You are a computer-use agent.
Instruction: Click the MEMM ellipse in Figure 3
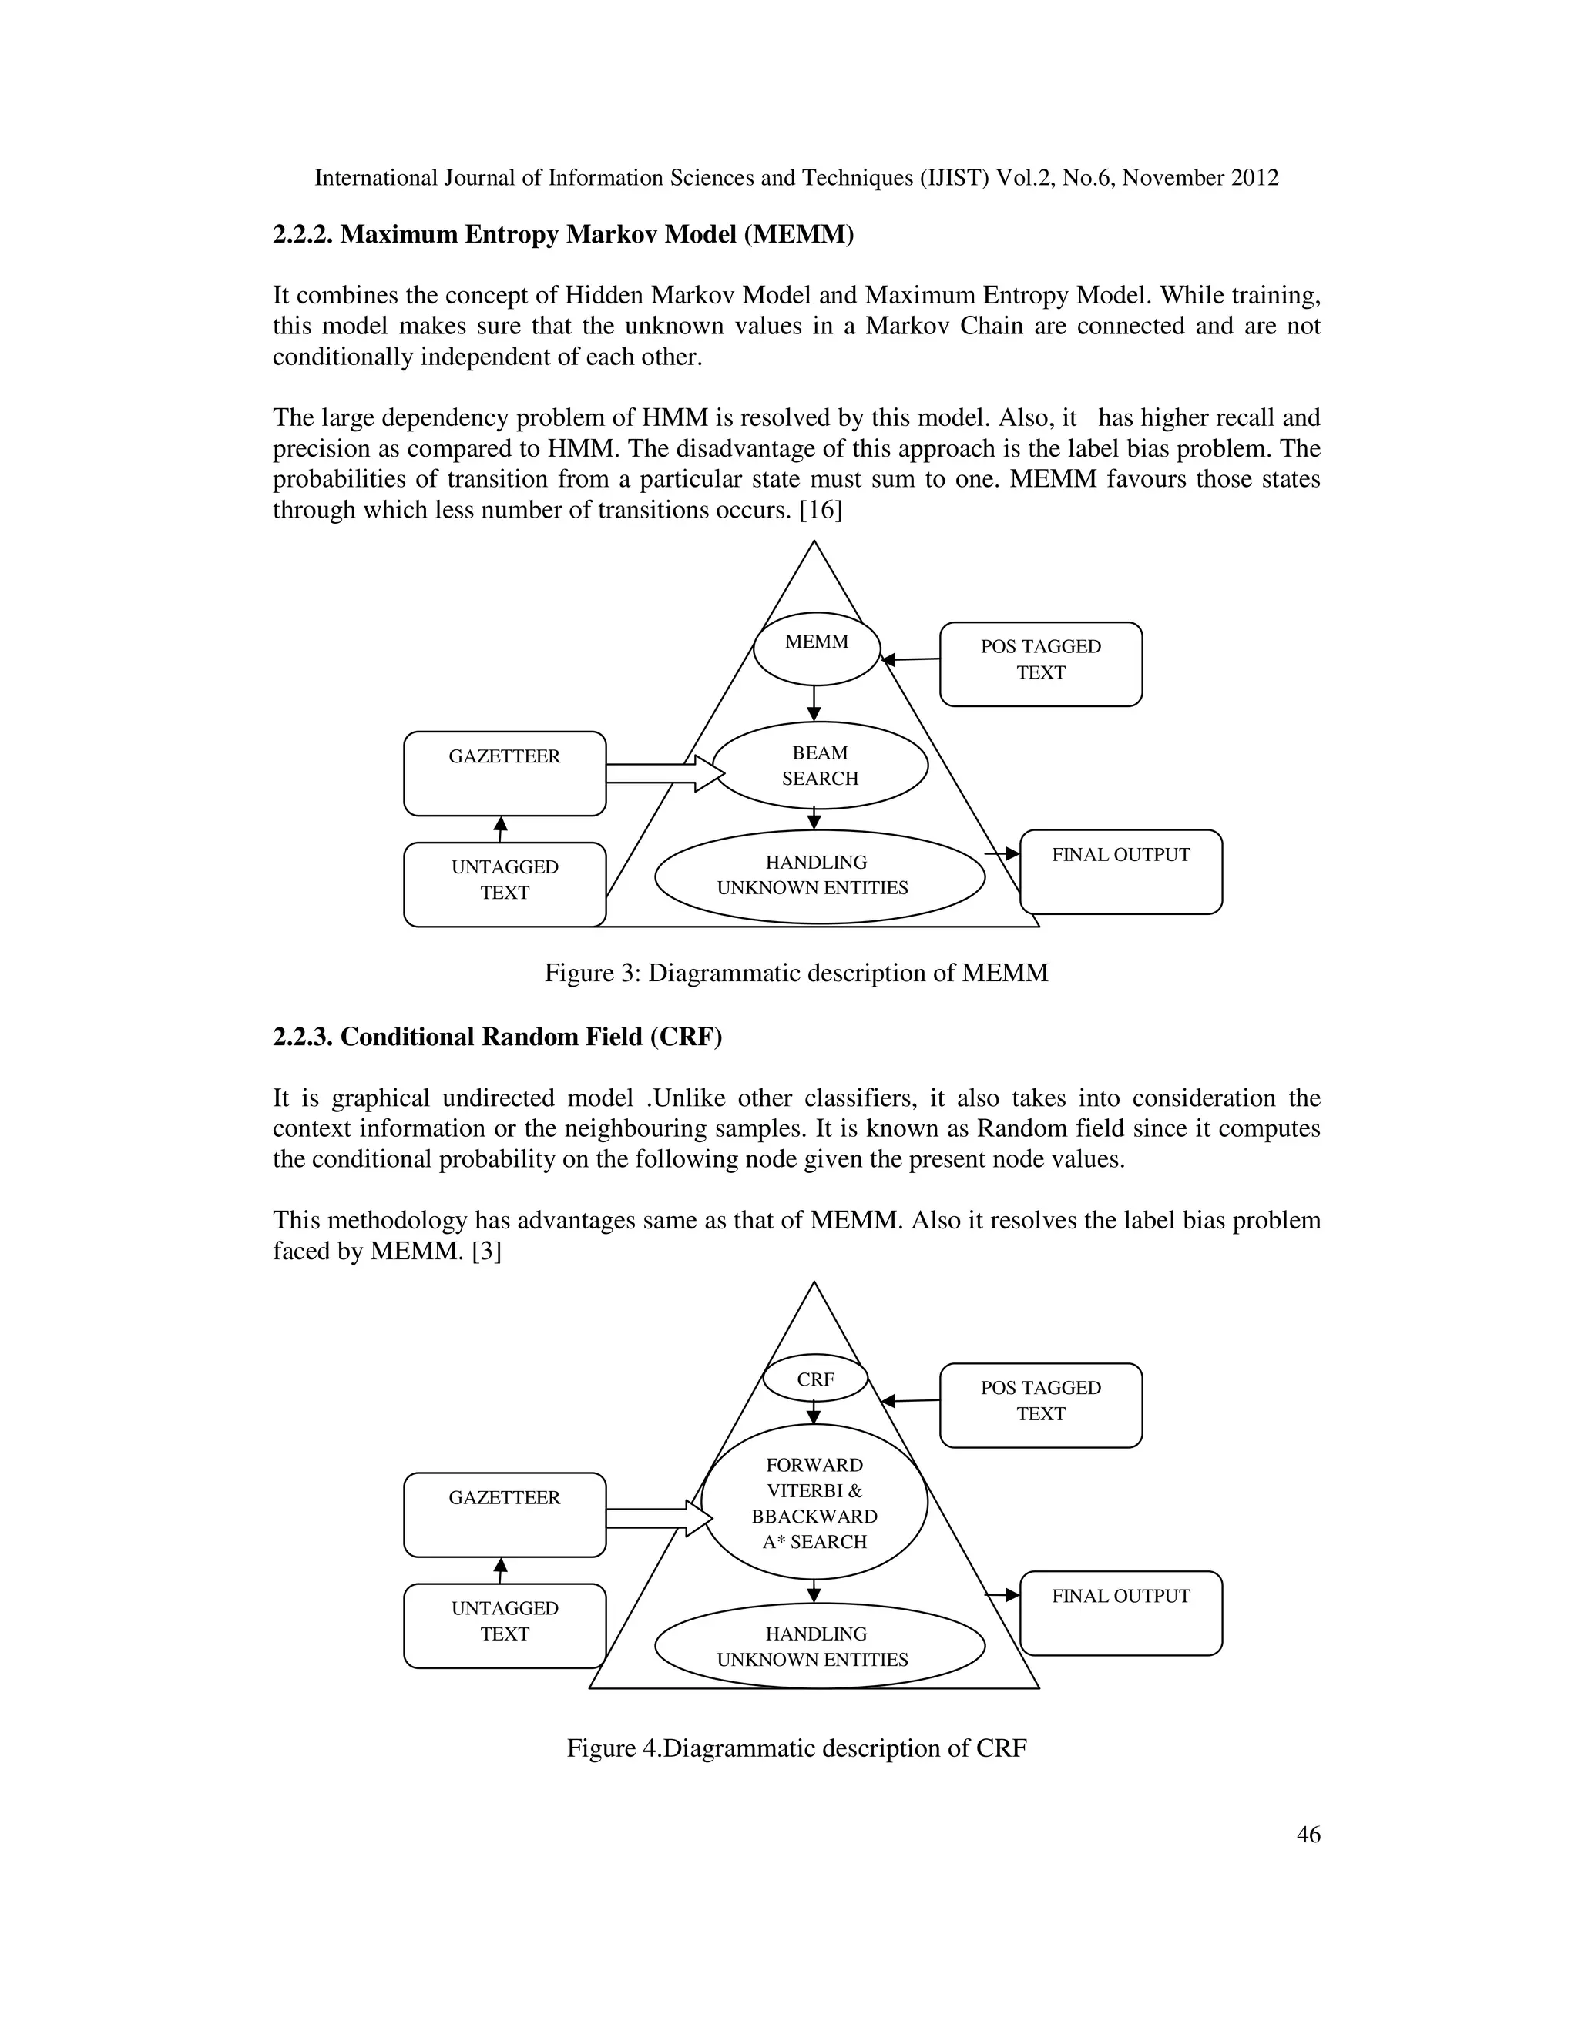(817, 648)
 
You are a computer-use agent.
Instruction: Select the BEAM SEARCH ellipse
(820, 766)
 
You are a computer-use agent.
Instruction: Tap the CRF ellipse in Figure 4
(815, 1379)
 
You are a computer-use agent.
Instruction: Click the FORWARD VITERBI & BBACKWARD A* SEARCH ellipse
(814, 1502)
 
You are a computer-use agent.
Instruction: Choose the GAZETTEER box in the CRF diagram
(505, 1514)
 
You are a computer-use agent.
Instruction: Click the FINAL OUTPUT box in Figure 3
(1121, 872)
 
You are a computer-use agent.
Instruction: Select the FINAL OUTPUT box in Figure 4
(1121, 1613)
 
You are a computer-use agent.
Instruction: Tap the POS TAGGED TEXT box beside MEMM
(1040, 663)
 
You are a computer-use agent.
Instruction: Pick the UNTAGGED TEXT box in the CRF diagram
(505, 1625)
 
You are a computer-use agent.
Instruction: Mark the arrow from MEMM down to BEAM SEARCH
(814, 702)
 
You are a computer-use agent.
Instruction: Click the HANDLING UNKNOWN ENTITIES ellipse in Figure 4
(819, 1646)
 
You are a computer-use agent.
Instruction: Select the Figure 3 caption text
(797, 973)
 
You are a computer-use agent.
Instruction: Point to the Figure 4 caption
(797, 1748)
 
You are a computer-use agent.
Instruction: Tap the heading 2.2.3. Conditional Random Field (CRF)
(497, 1037)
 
